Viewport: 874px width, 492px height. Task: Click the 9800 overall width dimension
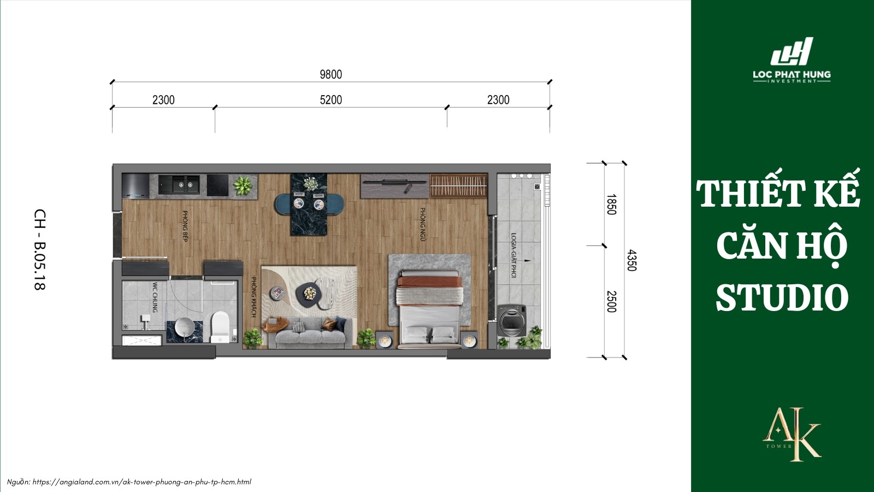(x=330, y=74)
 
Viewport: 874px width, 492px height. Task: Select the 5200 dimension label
(x=330, y=99)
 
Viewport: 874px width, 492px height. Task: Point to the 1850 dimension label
(x=611, y=204)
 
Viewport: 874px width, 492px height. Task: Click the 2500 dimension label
(x=611, y=301)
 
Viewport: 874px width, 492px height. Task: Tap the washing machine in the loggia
(x=512, y=320)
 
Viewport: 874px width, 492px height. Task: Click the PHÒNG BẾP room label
(x=185, y=226)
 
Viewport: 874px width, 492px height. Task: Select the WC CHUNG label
(x=155, y=297)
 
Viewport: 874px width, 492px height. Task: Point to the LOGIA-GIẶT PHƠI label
(x=513, y=255)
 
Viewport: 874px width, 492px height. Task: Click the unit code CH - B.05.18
(x=40, y=249)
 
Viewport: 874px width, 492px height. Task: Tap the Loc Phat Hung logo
(x=792, y=60)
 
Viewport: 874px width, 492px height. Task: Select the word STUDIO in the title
(x=782, y=298)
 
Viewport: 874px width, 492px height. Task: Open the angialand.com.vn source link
(x=141, y=482)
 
